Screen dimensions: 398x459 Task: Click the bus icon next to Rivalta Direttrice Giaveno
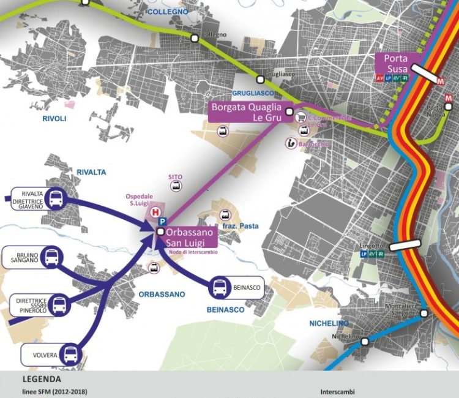[55, 198]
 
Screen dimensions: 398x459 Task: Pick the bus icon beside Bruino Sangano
[51, 257]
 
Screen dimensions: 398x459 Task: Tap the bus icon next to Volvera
[71, 353]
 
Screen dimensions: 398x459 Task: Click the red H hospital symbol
[155, 211]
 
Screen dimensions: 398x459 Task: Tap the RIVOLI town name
[54, 119]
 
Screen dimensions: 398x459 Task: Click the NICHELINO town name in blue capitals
[329, 323]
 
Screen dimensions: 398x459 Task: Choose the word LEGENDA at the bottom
[41, 379]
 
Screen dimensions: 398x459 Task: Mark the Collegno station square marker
[194, 39]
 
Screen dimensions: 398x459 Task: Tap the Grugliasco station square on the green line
[261, 79]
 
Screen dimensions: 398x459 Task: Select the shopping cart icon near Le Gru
[300, 116]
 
